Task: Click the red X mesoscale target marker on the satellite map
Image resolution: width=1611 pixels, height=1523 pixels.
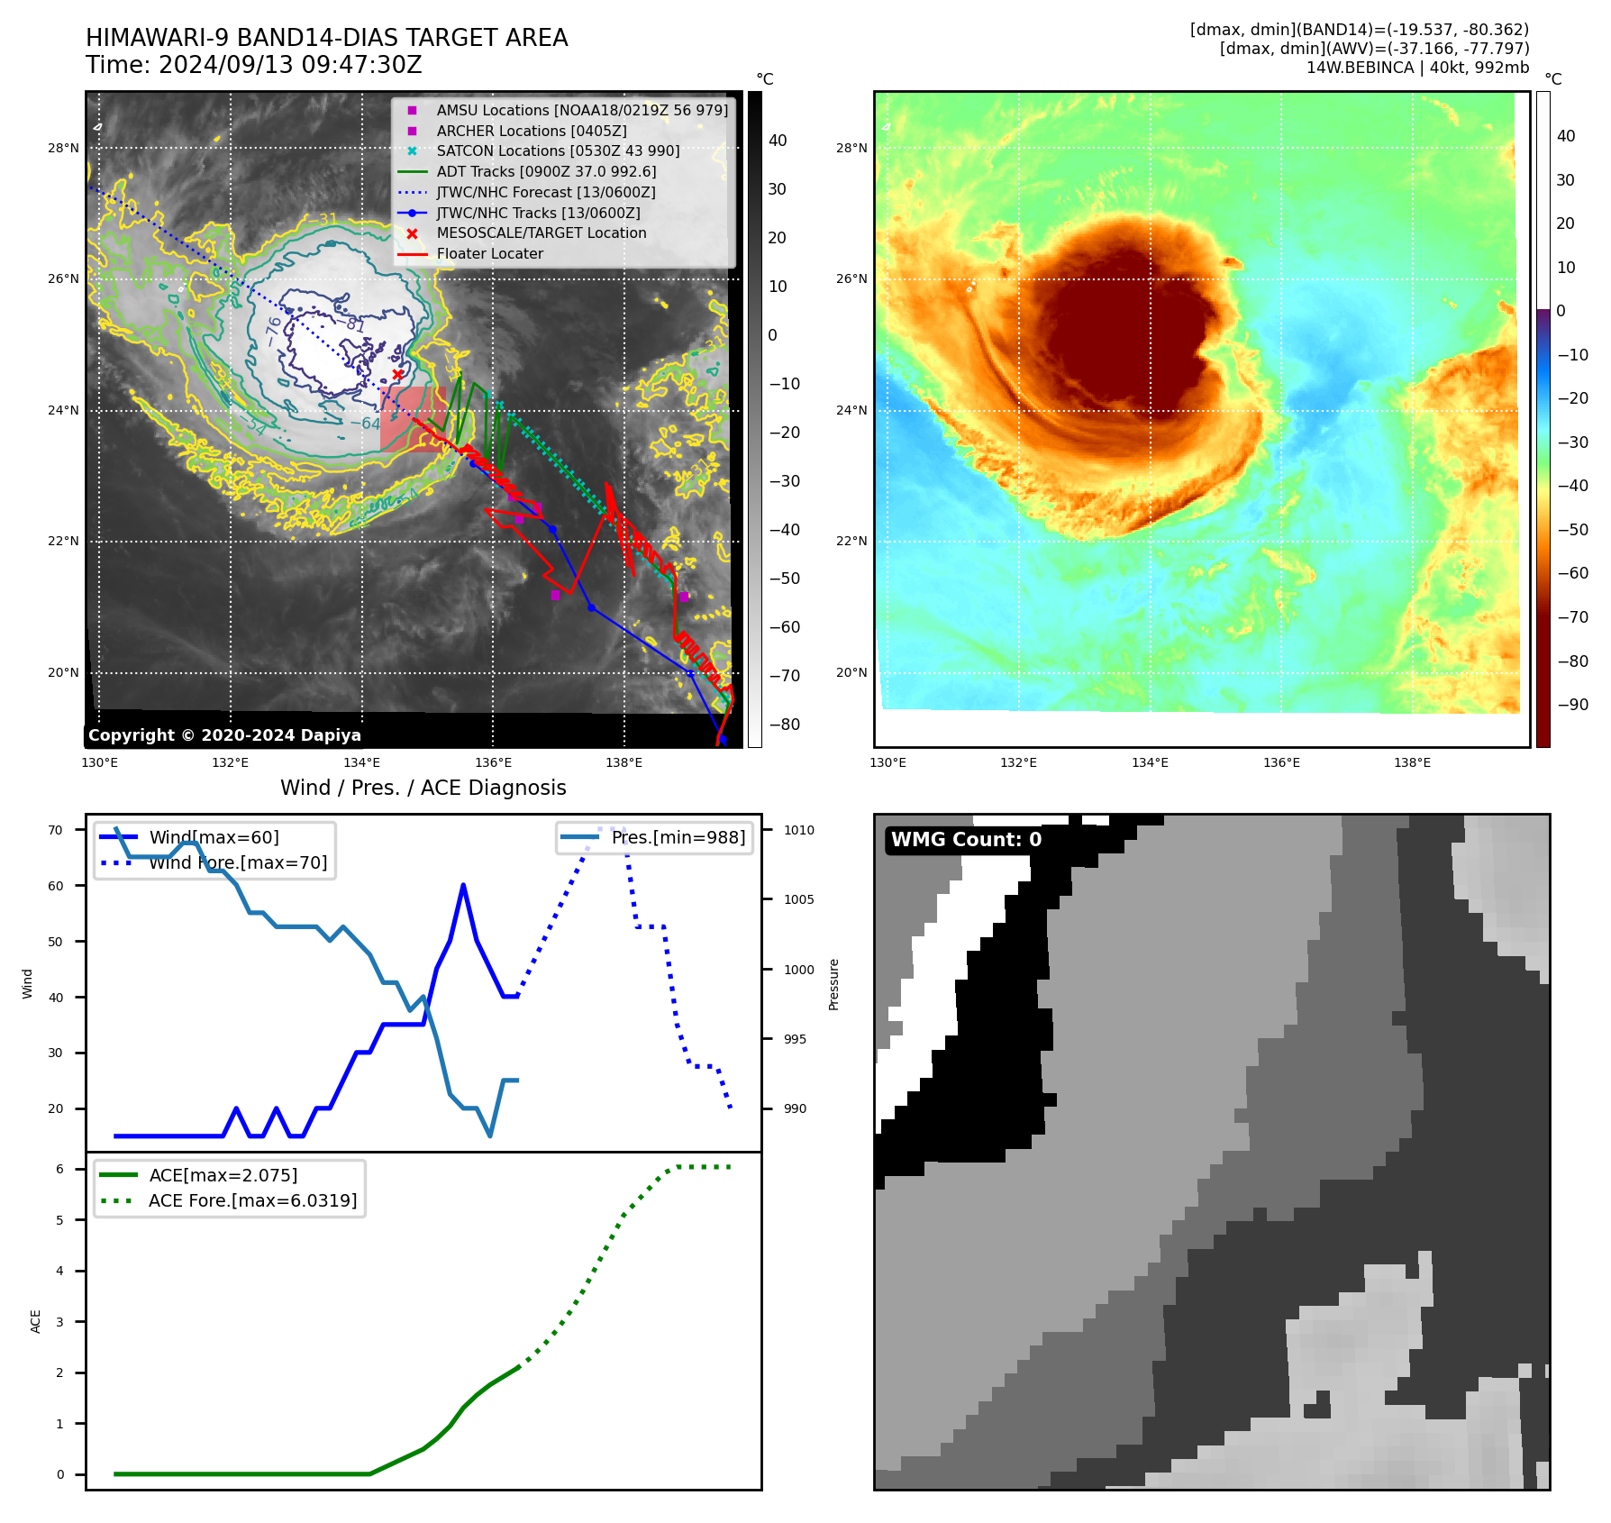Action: coord(397,375)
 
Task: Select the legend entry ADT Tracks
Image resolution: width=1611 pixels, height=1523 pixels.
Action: coord(546,171)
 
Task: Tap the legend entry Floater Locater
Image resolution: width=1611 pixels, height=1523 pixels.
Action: coord(489,254)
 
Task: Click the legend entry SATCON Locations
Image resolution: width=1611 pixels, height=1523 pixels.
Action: coord(558,151)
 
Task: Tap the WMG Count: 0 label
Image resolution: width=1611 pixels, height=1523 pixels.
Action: coord(966,840)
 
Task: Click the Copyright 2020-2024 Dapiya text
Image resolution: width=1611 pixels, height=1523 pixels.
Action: coord(224,735)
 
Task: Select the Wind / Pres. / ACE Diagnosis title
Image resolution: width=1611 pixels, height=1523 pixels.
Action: coord(423,788)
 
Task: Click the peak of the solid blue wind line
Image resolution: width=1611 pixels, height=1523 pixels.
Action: coord(463,885)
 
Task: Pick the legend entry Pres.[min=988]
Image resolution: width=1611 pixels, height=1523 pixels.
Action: coord(678,838)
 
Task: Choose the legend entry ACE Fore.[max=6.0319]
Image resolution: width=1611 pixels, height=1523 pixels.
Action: coord(252,1201)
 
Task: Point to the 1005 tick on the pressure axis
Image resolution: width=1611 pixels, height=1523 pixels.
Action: coord(798,899)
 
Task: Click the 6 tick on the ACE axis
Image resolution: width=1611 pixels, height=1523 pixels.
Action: coord(59,1170)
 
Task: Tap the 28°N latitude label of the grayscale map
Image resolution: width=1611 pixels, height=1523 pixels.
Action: coord(63,149)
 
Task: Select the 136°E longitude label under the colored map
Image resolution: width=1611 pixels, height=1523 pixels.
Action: coord(1281,763)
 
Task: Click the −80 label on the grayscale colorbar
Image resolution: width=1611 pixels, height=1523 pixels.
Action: coord(784,725)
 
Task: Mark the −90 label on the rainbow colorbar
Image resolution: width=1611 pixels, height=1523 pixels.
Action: coord(1572,705)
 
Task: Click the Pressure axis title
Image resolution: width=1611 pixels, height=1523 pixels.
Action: coord(833,984)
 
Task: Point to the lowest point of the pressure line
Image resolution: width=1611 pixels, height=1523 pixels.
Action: coord(490,1135)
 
